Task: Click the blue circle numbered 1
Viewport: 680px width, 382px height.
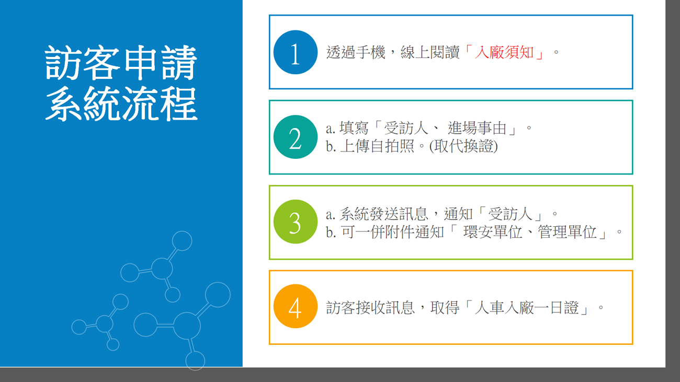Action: pos(296,52)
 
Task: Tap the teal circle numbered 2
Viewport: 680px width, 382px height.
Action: pos(296,137)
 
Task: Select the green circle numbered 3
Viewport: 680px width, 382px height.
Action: pos(296,222)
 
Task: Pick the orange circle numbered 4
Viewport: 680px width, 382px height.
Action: pos(296,306)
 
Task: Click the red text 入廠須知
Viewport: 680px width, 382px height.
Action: pos(504,52)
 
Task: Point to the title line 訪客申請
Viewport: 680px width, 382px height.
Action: pos(121,63)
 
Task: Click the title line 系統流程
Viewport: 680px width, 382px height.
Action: pos(121,103)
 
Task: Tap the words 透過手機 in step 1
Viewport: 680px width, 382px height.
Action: pos(356,52)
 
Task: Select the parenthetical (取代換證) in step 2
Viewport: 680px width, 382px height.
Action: pos(463,146)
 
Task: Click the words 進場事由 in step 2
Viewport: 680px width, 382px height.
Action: pos(477,128)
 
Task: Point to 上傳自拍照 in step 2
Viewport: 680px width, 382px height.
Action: pos(377,146)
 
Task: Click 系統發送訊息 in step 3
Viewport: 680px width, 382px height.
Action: pos(384,214)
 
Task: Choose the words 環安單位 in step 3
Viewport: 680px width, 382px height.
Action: pos(493,232)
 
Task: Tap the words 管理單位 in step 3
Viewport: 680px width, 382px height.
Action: pos(568,232)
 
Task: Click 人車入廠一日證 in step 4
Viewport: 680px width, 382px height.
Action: pos(526,308)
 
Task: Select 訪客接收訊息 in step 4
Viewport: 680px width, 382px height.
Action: pos(370,308)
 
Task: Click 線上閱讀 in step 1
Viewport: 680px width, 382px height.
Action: pos(430,52)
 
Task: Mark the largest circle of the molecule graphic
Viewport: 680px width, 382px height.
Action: pos(187,326)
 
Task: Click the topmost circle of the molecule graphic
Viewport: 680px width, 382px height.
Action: pos(182,241)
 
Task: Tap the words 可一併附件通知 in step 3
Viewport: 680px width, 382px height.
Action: pos(392,232)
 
